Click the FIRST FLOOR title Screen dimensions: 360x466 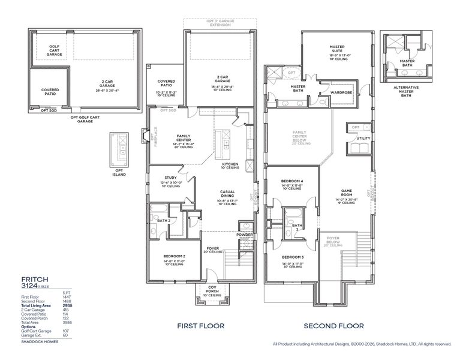pyautogui.click(x=200, y=326)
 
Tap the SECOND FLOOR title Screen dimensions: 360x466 pyautogui.click(x=333, y=326)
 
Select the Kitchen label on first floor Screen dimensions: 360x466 pyautogui.click(x=230, y=164)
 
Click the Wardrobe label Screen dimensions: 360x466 pyautogui.click(x=341, y=92)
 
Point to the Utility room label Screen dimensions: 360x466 pyautogui.click(x=363, y=139)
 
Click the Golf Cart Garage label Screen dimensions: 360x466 pyautogui.click(x=55, y=50)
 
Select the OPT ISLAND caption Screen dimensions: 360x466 pyautogui.click(x=119, y=173)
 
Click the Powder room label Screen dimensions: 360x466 pyautogui.click(x=245, y=235)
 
